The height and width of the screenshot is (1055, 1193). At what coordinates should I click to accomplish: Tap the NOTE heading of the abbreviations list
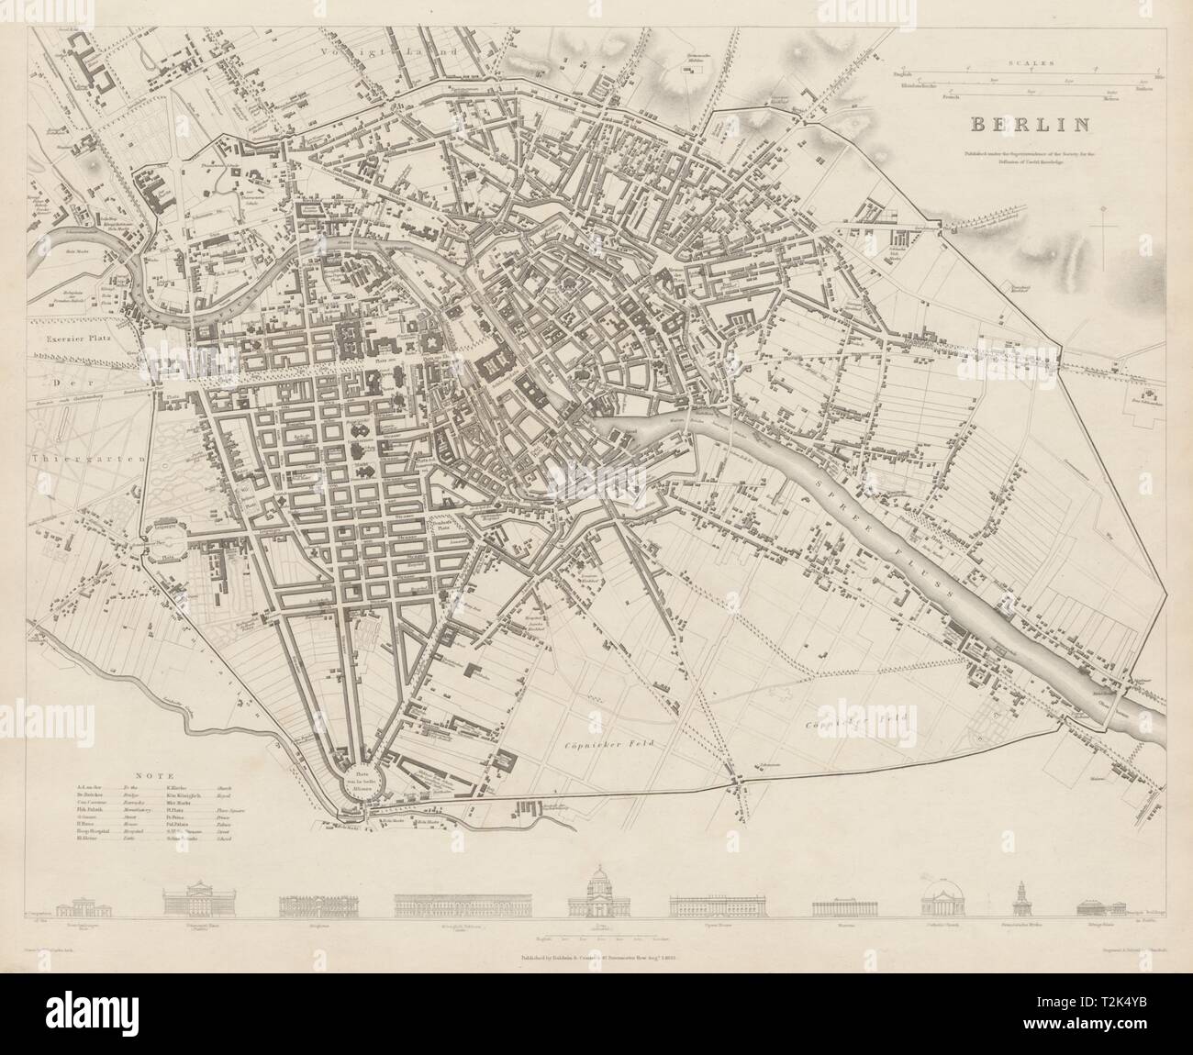click(x=151, y=775)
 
